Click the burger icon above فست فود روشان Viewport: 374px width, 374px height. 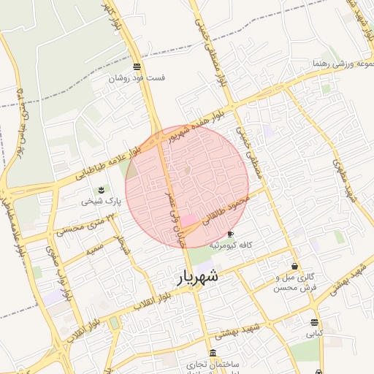tap(137, 66)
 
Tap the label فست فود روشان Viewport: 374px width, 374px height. tap(137, 77)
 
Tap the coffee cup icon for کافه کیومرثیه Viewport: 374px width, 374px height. tap(231, 234)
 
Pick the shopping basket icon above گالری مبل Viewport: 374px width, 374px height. tap(294, 267)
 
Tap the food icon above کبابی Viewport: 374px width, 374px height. tap(314, 322)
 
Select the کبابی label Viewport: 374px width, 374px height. tap(314, 333)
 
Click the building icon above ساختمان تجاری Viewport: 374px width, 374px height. tap(212, 353)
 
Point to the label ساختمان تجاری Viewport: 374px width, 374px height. tap(213, 364)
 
